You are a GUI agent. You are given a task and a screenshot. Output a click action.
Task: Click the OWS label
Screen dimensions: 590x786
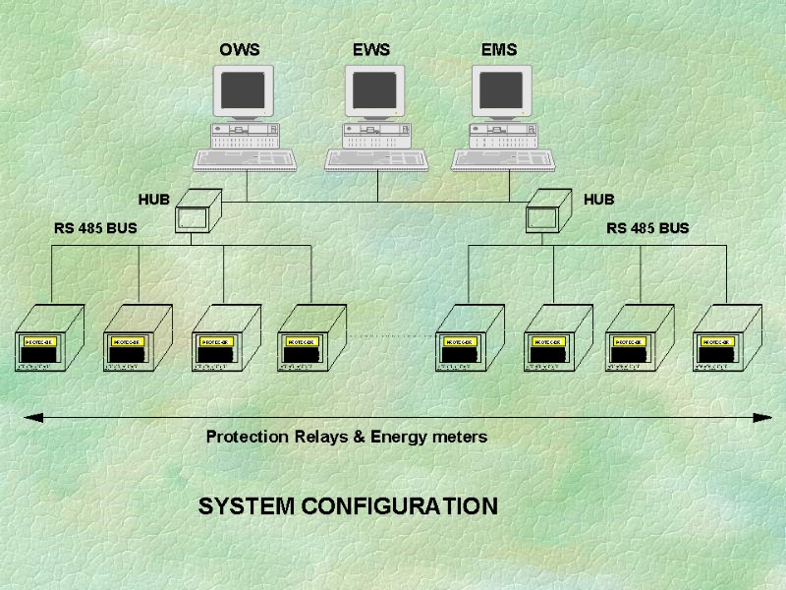240,49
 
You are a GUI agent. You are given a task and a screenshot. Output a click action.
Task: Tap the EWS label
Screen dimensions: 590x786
371,49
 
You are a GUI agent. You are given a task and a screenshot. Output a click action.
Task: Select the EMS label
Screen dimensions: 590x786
499,49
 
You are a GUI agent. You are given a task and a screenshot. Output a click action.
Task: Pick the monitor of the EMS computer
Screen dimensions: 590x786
502,90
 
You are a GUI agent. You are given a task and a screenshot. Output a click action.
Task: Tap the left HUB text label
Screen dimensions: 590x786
153,200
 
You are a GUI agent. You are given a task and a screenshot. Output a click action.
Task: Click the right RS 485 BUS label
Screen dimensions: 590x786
647,228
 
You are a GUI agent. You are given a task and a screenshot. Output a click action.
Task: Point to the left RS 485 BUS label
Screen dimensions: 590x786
95,228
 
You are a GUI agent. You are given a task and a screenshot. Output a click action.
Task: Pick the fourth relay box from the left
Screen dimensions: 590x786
310,339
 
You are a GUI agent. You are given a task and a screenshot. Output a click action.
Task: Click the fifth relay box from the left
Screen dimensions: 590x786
468,339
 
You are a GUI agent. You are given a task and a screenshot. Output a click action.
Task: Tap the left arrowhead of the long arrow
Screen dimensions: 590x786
32,418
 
